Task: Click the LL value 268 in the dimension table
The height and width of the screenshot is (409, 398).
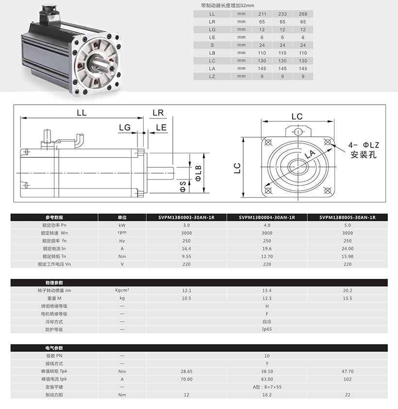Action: [303, 14]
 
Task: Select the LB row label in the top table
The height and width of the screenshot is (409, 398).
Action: [212, 52]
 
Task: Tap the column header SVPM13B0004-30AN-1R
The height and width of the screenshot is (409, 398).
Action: [266, 217]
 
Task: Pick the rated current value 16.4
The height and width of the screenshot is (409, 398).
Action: [186, 248]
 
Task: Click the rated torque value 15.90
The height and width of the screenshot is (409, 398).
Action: [347, 256]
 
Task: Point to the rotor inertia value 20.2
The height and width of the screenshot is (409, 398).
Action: [347, 290]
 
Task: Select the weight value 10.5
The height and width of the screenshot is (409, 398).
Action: [186, 298]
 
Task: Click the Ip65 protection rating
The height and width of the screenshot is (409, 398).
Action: [266, 329]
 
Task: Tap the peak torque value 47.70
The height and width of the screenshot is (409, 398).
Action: [347, 371]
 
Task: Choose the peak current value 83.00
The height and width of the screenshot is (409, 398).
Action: [266, 379]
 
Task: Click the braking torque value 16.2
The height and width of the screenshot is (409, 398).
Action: [266, 395]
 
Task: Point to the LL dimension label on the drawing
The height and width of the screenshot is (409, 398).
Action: [82, 113]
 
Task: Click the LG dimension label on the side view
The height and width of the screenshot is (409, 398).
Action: [125, 128]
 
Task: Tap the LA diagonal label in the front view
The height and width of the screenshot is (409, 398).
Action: [311, 155]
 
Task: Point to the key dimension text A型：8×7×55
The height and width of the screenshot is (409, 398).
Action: [266, 387]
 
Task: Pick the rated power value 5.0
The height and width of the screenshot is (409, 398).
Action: [347, 225]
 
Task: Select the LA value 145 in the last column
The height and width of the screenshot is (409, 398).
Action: [303, 68]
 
